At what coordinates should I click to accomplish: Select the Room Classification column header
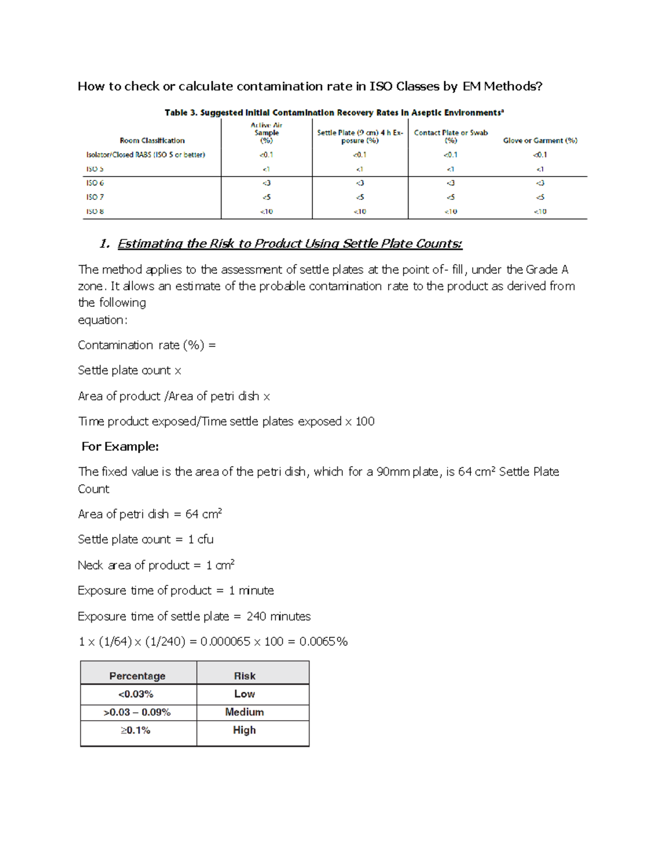(x=152, y=140)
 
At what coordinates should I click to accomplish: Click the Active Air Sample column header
(x=267, y=133)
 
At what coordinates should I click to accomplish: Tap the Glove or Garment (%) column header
(x=540, y=140)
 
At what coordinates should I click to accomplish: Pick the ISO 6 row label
(x=95, y=183)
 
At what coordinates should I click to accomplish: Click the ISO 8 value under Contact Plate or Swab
(x=450, y=212)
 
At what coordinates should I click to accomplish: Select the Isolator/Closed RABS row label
(x=146, y=155)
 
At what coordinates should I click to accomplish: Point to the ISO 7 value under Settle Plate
(x=360, y=197)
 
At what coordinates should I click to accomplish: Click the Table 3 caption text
(x=334, y=113)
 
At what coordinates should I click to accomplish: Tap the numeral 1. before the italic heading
(x=105, y=244)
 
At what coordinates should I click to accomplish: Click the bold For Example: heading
(x=120, y=447)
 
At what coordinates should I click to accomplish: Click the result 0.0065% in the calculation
(x=323, y=642)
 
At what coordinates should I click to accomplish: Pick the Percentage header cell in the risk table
(x=137, y=676)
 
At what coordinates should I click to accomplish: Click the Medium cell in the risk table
(x=244, y=712)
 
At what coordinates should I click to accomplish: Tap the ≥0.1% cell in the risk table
(x=135, y=730)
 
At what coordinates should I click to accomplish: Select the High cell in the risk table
(x=244, y=730)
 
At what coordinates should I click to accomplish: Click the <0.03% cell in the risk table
(x=136, y=694)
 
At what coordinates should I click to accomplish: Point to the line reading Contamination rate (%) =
(x=146, y=345)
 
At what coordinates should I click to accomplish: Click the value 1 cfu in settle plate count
(x=200, y=539)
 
